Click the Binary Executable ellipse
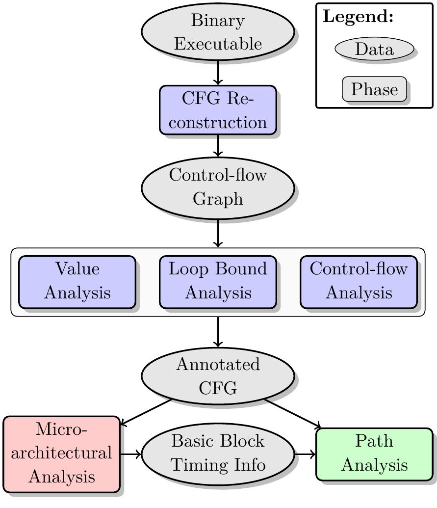pos(218,32)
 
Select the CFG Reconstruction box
pos(218,110)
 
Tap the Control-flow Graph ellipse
pos(218,187)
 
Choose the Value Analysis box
pos(77,282)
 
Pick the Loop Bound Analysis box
pos(218,282)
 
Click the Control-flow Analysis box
pos(359,282)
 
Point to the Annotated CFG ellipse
pos(218,376)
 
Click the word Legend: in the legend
pos(359,17)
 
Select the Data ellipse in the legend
pos(374,49)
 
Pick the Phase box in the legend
pos(374,89)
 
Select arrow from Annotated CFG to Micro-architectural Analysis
pos(146,412)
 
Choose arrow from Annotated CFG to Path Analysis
pos(293,413)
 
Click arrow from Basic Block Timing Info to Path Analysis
pos(305,454)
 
